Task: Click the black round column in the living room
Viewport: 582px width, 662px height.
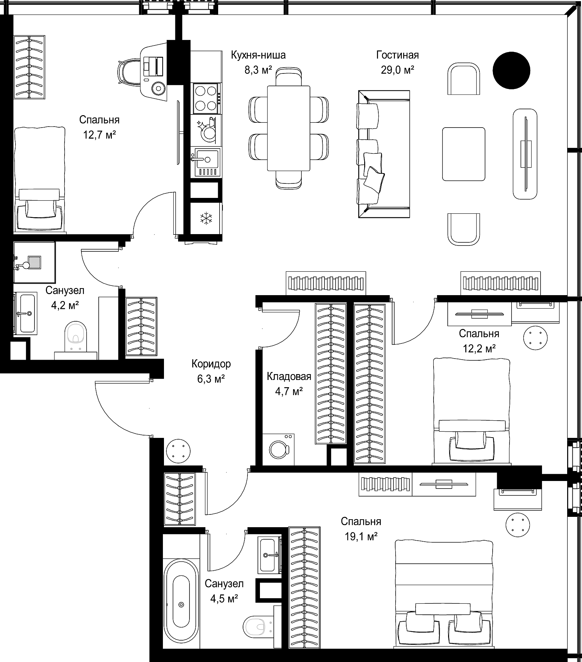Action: click(511, 70)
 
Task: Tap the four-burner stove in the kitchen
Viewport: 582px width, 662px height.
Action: click(206, 99)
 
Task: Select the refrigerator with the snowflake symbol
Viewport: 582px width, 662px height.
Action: click(206, 218)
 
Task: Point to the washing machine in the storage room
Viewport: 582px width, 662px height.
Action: click(279, 449)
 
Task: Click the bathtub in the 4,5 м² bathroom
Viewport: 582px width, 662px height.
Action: click(181, 614)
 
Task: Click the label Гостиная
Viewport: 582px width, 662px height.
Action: click(398, 55)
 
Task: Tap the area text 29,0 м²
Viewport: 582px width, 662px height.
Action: click(398, 70)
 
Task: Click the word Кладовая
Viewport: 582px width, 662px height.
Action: click(289, 377)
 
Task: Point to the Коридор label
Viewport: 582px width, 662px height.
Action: click(211, 364)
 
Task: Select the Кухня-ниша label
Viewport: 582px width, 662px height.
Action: click(258, 55)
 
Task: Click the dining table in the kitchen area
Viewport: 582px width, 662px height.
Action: click(289, 128)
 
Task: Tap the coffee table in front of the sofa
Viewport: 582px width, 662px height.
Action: click(464, 154)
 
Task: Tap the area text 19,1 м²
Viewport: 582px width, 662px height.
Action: click(361, 536)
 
